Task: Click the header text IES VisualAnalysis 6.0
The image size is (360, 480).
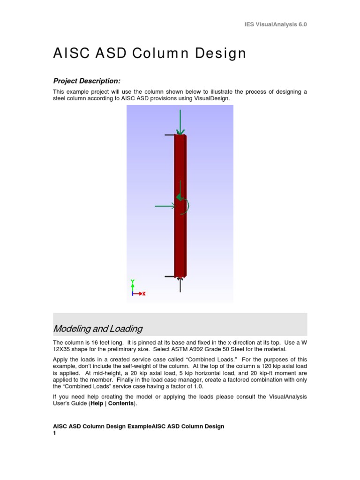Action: coord(276,24)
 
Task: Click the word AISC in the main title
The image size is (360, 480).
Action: coord(70,53)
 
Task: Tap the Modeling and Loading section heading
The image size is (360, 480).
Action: coord(98,328)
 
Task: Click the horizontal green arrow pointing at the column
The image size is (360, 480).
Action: coord(165,206)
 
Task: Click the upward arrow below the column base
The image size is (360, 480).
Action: coord(180,285)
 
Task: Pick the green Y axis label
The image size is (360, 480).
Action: coord(133,282)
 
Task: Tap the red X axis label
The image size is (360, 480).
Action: coord(144,294)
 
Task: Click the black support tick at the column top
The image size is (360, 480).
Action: coord(169,135)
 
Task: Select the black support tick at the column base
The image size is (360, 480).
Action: coord(169,277)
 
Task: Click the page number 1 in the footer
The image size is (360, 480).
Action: coord(54,434)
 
